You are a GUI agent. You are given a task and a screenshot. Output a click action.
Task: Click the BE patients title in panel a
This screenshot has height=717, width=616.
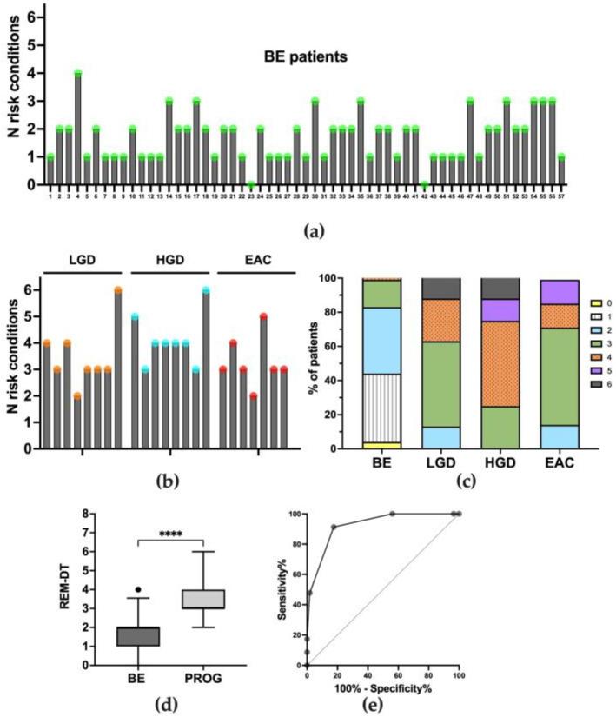click(x=308, y=59)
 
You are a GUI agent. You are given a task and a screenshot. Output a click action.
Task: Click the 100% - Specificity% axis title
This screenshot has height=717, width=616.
click(x=383, y=687)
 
